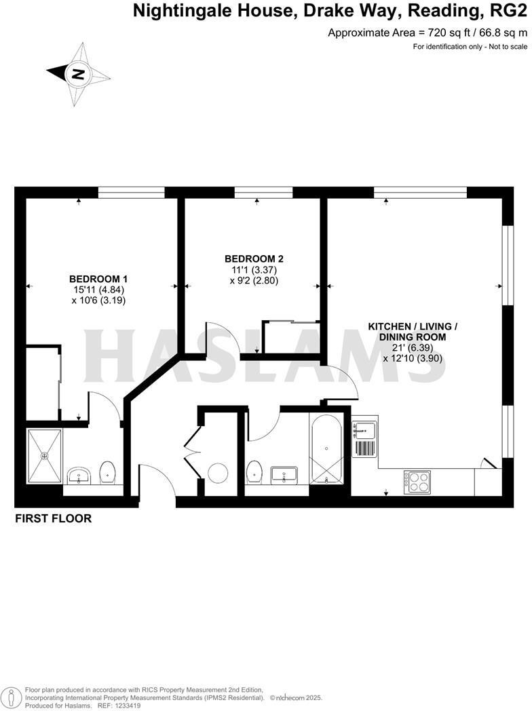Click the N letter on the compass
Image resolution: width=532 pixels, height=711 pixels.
click(79, 74)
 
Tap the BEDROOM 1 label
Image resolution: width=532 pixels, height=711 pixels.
click(98, 279)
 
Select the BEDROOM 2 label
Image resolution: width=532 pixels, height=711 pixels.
click(254, 258)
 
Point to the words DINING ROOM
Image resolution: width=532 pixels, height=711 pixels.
click(413, 337)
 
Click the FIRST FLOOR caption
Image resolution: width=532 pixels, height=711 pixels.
click(53, 519)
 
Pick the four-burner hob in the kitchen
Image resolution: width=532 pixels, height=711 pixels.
click(417, 481)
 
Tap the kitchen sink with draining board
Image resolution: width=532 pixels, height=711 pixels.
click(364, 439)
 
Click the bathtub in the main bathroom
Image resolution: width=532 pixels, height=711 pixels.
click(327, 449)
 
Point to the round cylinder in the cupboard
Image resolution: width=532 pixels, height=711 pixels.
click(218, 472)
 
